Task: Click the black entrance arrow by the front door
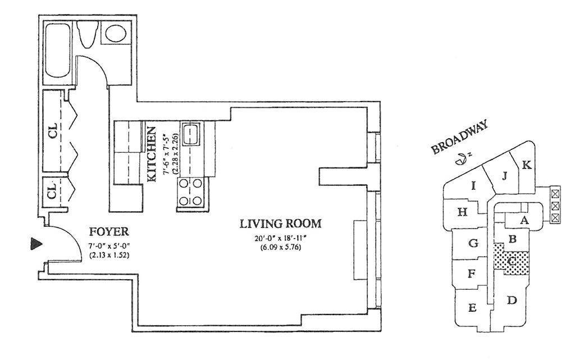point(35,244)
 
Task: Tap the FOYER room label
point(109,232)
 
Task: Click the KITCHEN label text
point(152,154)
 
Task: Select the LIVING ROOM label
point(281,224)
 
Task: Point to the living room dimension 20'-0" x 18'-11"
point(281,239)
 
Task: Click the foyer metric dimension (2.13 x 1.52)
point(109,256)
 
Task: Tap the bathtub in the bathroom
point(57,51)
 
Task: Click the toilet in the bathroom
point(87,34)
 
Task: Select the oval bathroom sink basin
point(116,33)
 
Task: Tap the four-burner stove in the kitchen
point(191,192)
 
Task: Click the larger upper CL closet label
point(53,131)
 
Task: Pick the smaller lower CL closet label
point(53,190)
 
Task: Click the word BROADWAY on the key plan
point(460,137)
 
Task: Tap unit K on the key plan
point(526,165)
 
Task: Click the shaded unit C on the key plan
point(512,261)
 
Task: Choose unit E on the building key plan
point(472,308)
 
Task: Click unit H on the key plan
point(463,212)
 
